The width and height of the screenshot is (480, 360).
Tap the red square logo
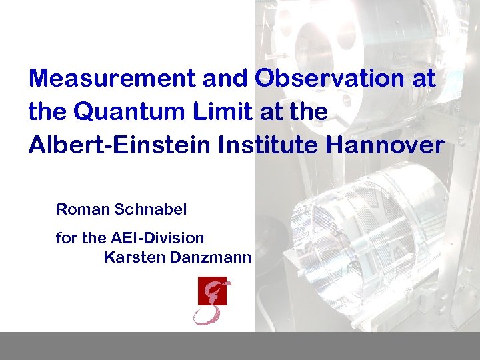pyautogui.click(x=212, y=291)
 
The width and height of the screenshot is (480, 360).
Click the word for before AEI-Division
pyautogui.click(x=66, y=237)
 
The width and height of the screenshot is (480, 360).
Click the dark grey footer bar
pyautogui.click(x=240, y=345)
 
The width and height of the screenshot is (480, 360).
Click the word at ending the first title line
pyautogui.click(x=423, y=79)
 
